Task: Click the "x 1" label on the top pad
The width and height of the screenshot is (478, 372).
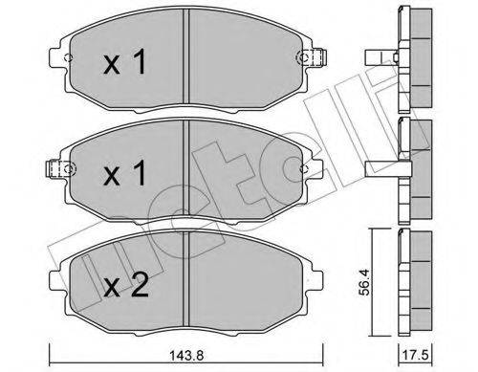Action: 123,64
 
